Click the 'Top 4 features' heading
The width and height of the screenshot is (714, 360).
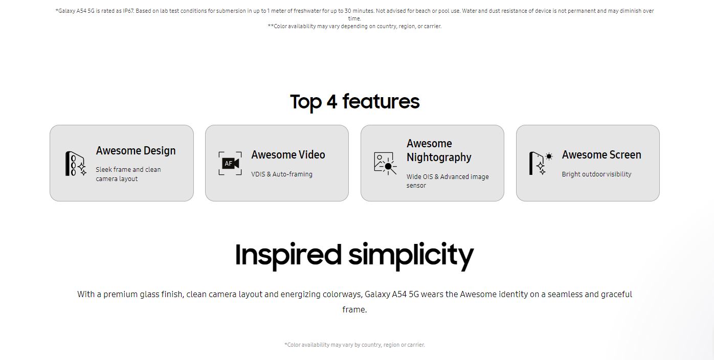pos(354,102)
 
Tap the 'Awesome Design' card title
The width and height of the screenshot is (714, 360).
pos(136,151)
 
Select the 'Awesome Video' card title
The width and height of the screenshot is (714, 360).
pos(288,155)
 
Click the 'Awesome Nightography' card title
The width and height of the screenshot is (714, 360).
pos(439,150)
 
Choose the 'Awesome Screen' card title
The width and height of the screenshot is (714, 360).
pos(601,155)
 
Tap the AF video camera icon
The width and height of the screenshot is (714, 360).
pos(230,164)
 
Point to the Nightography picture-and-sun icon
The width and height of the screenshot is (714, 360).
pos(385,164)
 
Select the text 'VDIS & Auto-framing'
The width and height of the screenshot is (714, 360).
pos(282,174)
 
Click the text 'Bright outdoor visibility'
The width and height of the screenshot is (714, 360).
pos(596,174)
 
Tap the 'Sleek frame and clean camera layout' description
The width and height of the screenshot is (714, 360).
pos(128,174)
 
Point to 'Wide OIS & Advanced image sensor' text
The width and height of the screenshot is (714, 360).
pos(448,181)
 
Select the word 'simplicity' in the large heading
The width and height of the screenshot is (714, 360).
pos(411,255)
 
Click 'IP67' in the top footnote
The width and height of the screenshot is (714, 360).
pos(128,11)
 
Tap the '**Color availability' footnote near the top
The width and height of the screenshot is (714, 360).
pos(354,26)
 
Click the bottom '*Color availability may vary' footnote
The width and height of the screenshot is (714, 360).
pos(354,345)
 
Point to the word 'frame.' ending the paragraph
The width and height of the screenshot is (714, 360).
pos(354,309)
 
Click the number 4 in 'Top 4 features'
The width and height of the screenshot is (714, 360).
pos(332,102)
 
